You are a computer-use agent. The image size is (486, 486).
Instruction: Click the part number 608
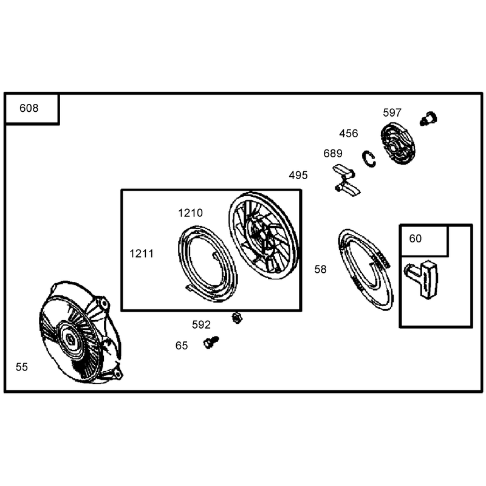pyautogui.click(x=29, y=108)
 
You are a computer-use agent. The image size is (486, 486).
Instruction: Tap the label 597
pyautogui.click(x=392, y=112)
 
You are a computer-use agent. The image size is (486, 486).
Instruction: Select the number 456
pyautogui.click(x=348, y=133)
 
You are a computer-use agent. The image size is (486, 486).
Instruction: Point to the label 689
pyautogui.click(x=333, y=153)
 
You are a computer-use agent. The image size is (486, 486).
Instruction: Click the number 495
pyautogui.click(x=298, y=175)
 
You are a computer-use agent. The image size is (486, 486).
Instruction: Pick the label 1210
pyautogui.click(x=190, y=213)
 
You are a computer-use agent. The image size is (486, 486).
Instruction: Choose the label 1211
pyautogui.click(x=142, y=253)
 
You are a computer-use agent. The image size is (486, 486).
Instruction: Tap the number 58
pyautogui.click(x=320, y=269)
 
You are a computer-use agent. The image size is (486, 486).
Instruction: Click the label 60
pyautogui.click(x=416, y=238)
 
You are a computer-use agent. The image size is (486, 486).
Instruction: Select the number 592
pyautogui.click(x=201, y=324)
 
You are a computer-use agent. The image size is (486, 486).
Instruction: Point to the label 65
pyautogui.click(x=181, y=346)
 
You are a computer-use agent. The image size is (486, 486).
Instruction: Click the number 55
pyautogui.click(x=22, y=367)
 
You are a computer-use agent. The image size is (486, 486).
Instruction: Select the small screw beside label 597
pyautogui.click(x=428, y=118)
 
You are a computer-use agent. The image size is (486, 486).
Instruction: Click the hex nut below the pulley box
pyautogui.click(x=237, y=318)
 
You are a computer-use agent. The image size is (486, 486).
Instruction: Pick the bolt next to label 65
pyautogui.click(x=211, y=342)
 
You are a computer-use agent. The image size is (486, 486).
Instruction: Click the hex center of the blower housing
pyautogui.click(x=71, y=340)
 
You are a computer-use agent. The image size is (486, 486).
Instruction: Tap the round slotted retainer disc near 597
pyautogui.click(x=398, y=143)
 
